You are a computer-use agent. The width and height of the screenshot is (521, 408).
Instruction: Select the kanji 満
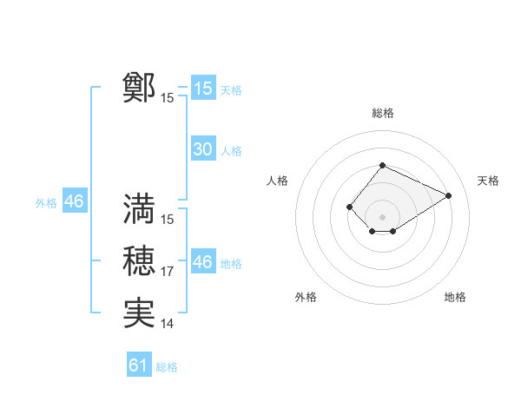(139, 208)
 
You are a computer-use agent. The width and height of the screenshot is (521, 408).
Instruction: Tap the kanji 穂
(139, 260)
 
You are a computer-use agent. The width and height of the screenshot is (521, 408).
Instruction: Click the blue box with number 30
(203, 149)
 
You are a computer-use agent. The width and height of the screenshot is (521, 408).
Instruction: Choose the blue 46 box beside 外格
(74, 201)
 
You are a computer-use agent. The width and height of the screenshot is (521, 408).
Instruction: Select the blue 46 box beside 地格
(203, 261)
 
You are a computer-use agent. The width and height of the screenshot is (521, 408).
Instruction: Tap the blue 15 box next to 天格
(203, 89)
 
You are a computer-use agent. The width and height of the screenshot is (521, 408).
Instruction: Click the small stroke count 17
(167, 272)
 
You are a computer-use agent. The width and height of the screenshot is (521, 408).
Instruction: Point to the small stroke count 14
(167, 324)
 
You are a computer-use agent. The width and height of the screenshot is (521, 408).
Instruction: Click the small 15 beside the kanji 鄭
(167, 98)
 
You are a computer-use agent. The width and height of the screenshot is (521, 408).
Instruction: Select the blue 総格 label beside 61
(167, 367)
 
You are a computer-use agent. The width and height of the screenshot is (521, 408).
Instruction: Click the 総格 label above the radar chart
(382, 113)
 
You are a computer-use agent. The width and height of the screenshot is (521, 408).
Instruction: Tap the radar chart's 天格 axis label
(488, 181)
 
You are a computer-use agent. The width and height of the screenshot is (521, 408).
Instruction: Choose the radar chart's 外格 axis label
(306, 297)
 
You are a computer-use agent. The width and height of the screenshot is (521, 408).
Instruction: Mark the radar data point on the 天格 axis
(449, 195)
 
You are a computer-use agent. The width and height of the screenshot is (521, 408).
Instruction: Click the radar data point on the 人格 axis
(349, 207)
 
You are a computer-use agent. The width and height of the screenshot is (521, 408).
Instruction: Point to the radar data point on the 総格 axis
(382, 166)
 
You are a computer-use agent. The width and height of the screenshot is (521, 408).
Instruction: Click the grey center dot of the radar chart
(382, 217)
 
